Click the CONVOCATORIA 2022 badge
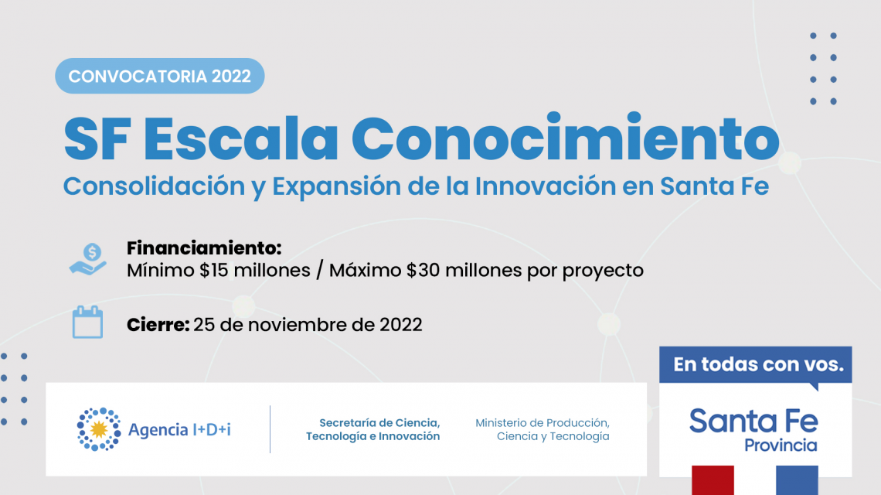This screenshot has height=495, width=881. pos(159,76)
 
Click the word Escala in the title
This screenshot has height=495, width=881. pos(241,138)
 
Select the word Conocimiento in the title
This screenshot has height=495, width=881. pos(566,137)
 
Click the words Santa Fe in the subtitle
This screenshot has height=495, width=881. pos(714,186)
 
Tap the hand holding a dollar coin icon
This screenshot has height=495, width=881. pos(88,259)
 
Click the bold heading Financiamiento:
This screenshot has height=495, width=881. pos(204,247)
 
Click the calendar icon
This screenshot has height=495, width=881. pos(87,323)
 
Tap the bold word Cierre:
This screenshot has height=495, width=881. pos(158,325)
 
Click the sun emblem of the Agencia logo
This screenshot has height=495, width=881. pos(99,429)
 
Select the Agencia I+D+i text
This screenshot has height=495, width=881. pos(180,430)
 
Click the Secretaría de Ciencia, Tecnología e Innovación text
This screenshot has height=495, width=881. pos(373,429)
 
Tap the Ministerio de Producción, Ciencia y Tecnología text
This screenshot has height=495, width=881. pos(543,429)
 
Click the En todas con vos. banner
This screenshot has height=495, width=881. pos(756,364)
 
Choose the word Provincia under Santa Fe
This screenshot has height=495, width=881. pos(781,445)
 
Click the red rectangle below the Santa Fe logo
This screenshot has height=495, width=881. pos(713,480)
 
